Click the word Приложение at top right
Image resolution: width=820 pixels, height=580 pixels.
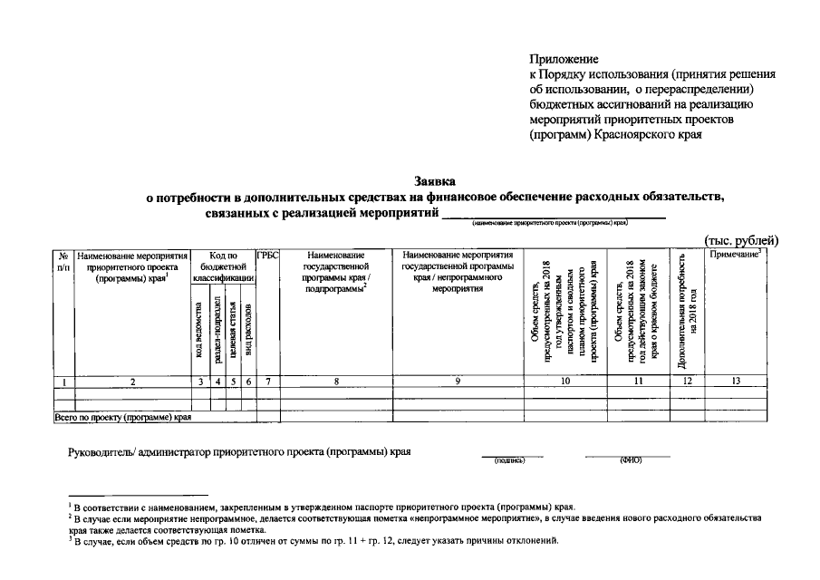click(565, 58)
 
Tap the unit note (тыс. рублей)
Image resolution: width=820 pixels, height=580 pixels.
click(741, 240)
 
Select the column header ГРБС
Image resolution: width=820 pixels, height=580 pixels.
click(267, 256)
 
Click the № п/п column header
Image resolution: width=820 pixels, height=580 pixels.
click(63, 262)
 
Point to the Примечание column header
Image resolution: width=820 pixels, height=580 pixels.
click(735, 256)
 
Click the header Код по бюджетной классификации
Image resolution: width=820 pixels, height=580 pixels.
click(223, 267)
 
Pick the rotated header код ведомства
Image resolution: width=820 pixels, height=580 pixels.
click(200, 330)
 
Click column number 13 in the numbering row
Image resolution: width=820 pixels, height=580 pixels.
click(736, 382)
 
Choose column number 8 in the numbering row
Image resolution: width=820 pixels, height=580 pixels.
click(335, 382)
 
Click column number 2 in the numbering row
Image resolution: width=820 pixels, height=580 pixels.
click(133, 382)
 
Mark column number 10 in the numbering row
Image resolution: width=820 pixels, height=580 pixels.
click(564, 382)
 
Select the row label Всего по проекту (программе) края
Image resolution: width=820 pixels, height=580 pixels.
click(122, 418)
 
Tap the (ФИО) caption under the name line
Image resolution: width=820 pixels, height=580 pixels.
click(631, 460)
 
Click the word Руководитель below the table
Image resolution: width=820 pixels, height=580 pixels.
click(101, 451)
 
